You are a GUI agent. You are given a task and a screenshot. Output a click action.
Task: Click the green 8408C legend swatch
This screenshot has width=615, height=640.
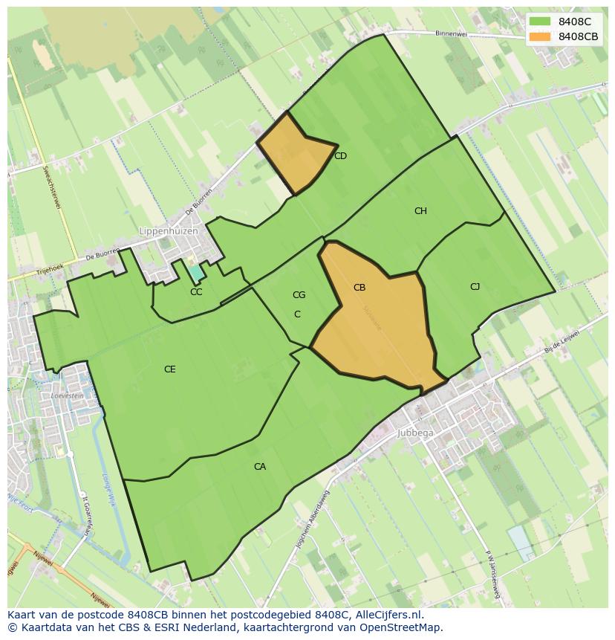pyautogui.click(x=540, y=22)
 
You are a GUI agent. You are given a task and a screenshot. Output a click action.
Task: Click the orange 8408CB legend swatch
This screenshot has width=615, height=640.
pyautogui.click(x=540, y=36)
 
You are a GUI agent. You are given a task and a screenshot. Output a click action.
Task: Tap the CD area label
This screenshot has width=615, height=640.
pyautogui.click(x=340, y=156)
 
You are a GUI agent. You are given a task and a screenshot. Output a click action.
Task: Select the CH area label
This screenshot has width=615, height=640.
pyautogui.click(x=420, y=211)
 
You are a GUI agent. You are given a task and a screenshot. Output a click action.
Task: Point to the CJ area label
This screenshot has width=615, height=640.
pyautogui.click(x=475, y=287)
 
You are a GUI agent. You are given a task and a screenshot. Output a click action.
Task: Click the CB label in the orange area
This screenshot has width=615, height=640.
pyautogui.click(x=359, y=288)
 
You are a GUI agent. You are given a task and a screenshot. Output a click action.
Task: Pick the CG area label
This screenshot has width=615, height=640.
pyautogui.click(x=299, y=295)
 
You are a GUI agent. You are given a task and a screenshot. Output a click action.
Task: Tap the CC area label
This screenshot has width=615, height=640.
pyautogui.click(x=196, y=292)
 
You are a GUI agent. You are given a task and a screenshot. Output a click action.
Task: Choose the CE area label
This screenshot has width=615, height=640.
pyautogui.click(x=170, y=369)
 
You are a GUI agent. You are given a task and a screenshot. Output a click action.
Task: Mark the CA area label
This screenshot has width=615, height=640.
pyautogui.click(x=259, y=467)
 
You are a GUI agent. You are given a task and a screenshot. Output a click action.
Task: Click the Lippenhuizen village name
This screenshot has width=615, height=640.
pyautogui.click(x=169, y=231)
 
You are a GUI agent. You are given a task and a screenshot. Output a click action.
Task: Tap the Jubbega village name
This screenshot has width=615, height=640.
pyautogui.click(x=415, y=433)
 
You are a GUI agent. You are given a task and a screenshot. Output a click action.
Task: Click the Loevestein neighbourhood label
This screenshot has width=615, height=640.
pyautogui.click(x=67, y=396)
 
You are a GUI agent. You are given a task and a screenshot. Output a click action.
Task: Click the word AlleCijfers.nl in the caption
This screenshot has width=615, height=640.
pyautogui.click(x=386, y=615)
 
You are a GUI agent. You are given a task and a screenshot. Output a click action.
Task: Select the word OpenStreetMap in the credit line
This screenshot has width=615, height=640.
pyautogui.click(x=403, y=627)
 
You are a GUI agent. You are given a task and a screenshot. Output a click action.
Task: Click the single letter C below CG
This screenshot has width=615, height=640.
pyautogui.click(x=297, y=314)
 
